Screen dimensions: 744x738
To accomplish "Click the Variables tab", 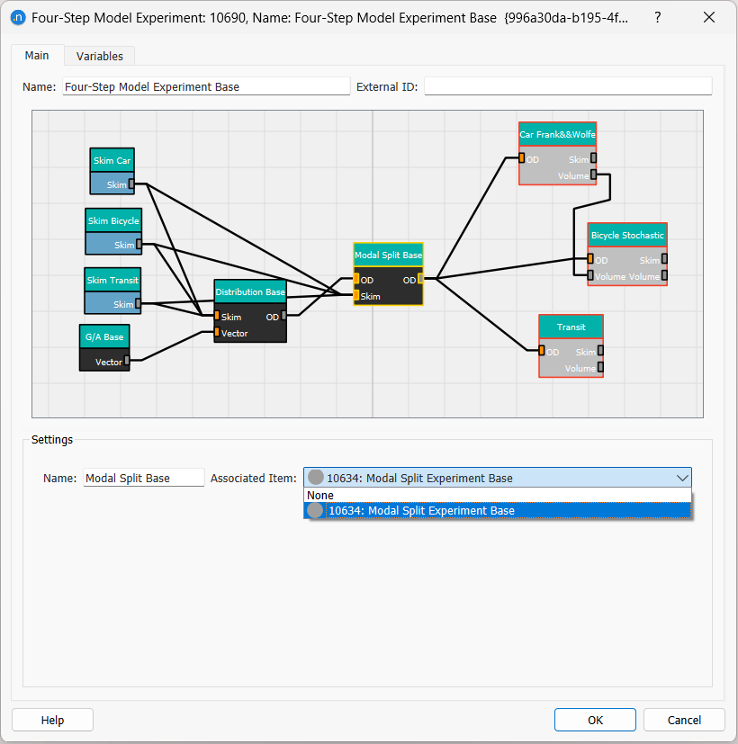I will coord(99,56).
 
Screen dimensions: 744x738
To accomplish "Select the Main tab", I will coord(37,56).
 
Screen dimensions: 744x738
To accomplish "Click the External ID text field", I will coord(567,87).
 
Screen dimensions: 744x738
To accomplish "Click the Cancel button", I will coord(684,720).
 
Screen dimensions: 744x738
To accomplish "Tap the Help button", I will coord(52,720).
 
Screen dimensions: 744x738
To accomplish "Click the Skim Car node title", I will coord(112,161).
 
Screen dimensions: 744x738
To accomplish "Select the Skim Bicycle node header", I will coord(113,220).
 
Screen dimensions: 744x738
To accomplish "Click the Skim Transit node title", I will coord(112,280).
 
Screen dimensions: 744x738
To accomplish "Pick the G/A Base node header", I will coord(104,337).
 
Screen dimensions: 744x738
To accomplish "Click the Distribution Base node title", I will coord(250,292).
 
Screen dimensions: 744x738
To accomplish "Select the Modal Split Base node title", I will coord(388,255).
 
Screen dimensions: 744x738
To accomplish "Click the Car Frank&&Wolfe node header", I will coord(557,135).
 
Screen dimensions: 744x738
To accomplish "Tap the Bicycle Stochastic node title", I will coord(627,235).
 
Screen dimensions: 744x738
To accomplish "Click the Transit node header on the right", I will coord(571,327).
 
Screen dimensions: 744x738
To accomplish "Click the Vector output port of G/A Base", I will coord(127,361).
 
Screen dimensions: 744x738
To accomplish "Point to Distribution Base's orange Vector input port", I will coord(217,333).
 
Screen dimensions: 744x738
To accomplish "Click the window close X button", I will coord(709,18).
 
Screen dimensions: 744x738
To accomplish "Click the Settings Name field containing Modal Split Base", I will coord(144,479).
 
